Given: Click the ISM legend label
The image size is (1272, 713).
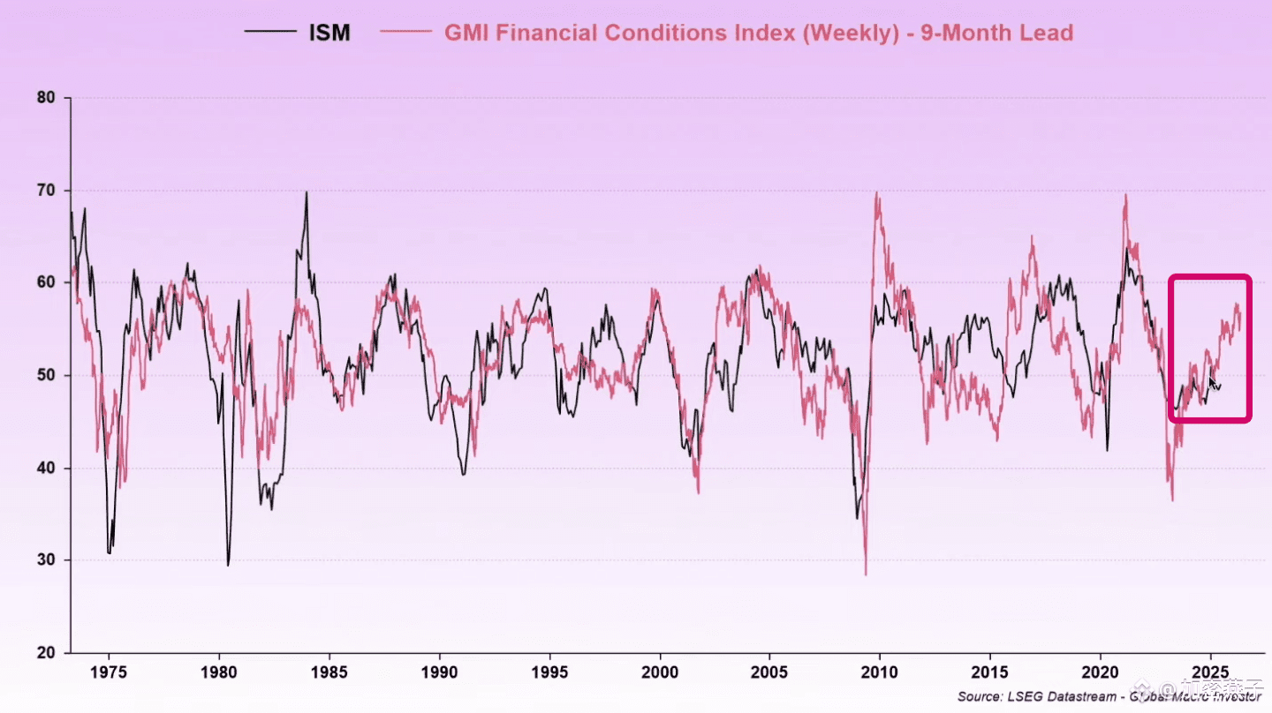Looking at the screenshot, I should (329, 34).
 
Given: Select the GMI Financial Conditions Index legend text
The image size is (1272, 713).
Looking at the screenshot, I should (758, 34).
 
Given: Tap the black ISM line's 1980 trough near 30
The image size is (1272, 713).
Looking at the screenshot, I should (228, 565).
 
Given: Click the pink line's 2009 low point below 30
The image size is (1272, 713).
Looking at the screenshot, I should (866, 574).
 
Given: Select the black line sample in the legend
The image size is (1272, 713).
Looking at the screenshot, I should (270, 34).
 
